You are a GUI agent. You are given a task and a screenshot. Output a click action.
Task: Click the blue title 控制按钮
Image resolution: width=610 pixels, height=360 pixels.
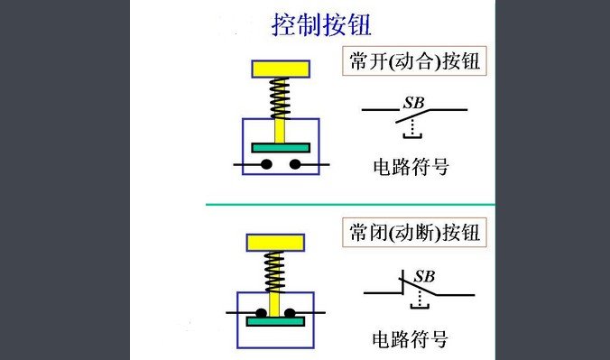point(321,24)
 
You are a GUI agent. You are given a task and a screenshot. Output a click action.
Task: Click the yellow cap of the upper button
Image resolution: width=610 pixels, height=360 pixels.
point(281,68)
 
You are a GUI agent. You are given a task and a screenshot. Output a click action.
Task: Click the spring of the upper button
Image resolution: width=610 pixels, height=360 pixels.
point(281,97)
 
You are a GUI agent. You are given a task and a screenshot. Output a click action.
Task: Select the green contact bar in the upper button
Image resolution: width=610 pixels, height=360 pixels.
point(281,146)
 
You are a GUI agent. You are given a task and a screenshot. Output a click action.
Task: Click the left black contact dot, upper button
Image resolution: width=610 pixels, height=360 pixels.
point(266,164)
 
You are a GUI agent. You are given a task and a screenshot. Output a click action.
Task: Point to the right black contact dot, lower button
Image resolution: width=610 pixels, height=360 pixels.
point(293,311)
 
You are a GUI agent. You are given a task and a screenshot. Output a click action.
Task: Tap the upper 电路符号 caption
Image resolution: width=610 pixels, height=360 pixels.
point(411,167)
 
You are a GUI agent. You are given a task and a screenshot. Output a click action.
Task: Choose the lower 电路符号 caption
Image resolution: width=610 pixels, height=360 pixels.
point(411,340)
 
